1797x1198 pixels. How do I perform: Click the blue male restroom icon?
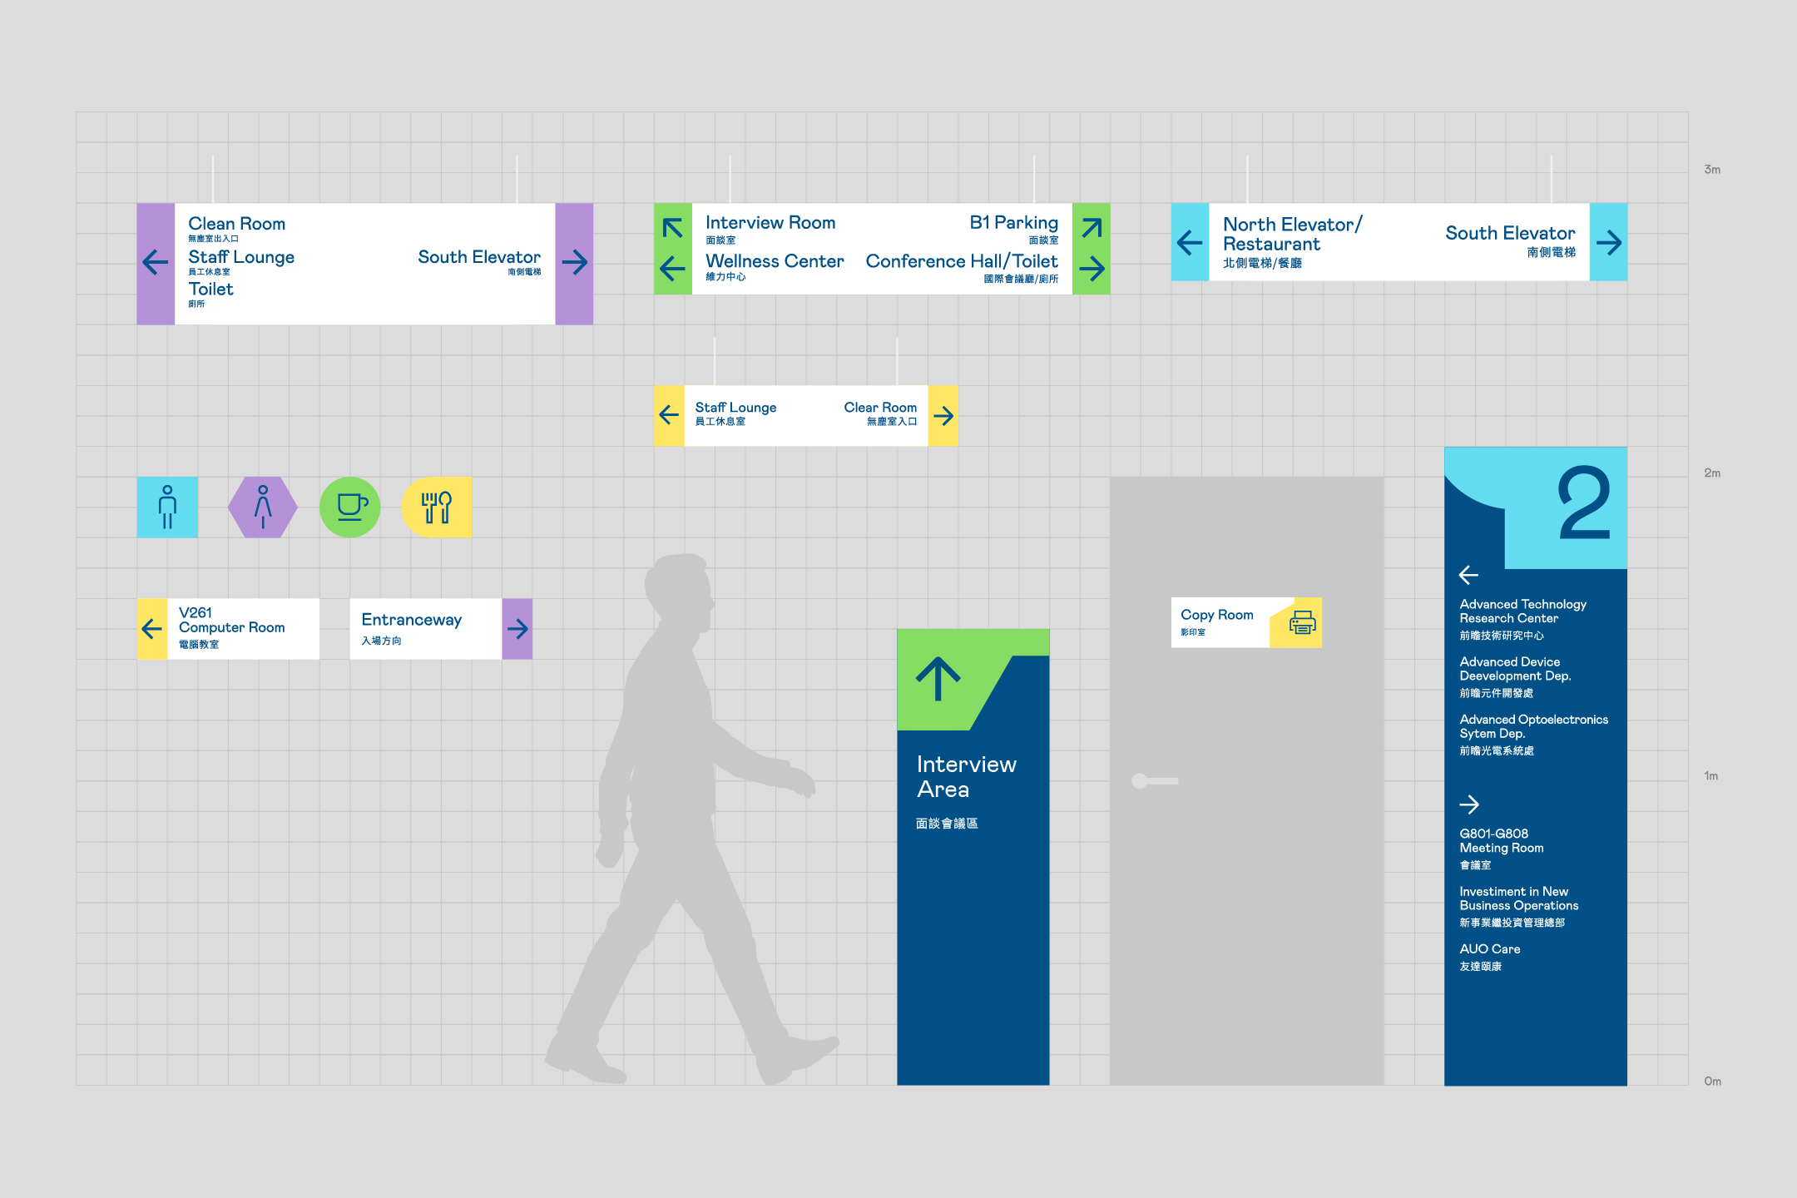coord(167,507)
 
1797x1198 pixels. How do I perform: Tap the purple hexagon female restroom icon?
coord(263,507)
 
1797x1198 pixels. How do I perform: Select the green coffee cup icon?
coord(350,507)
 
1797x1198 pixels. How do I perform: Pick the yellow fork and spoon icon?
coord(437,507)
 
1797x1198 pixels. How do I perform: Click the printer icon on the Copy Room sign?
coord(1302,622)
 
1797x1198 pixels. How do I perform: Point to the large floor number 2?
coord(1584,504)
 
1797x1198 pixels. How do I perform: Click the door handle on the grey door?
coord(1154,780)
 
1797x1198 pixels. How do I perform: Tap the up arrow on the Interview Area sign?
coord(938,679)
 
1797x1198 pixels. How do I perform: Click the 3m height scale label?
coord(1712,170)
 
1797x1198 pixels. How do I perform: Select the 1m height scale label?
coord(1710,776)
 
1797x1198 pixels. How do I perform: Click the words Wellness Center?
coord(775,261)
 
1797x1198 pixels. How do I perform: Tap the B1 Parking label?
coord(1013,222)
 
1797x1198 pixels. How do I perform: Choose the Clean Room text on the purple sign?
coord(236,224)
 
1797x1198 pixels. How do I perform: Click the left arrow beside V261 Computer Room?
coord(152,629)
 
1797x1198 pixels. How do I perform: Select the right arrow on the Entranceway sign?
coord(517,629)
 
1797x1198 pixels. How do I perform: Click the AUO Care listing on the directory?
coord(1489,949)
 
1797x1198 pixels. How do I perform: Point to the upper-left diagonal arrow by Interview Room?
coord(672,227)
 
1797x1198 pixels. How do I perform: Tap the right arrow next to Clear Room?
coord(943,415)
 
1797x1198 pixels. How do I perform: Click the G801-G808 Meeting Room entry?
coord(1501,840)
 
